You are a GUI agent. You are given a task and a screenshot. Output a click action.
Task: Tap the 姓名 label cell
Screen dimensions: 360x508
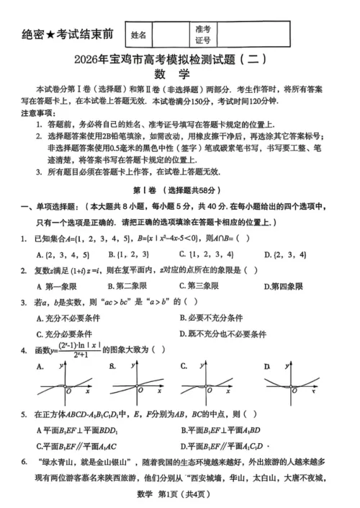pyautogui.click(x=139, y=34)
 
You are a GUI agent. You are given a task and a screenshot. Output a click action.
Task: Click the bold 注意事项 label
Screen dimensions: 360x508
pyautogui.click(x=35, y=114)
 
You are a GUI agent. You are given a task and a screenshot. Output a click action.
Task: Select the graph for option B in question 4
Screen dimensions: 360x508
pyautogui.click(x=136, y=385)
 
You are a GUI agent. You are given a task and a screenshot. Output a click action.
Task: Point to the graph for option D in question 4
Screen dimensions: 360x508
pyautogui.click(x=292, y=385)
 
